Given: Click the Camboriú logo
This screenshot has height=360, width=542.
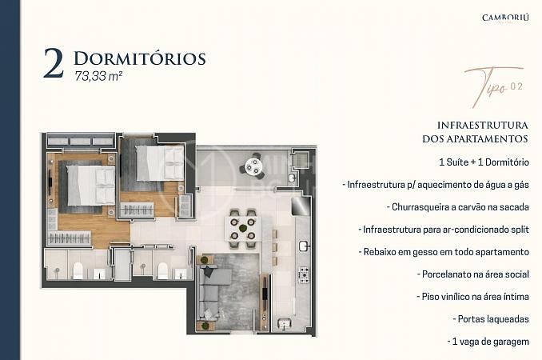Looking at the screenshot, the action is click(505, 18).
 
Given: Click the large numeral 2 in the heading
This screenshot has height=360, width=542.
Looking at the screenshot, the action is click(54, 63).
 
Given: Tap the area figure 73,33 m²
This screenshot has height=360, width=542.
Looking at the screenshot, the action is click(98, 76).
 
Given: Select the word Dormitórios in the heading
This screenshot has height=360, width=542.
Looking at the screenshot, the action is click(140, 58).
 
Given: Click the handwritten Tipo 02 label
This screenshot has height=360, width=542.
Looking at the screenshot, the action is click(493, 87).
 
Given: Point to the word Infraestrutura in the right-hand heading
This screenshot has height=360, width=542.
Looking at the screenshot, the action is click(483, 125).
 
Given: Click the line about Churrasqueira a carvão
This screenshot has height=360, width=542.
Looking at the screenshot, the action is click(457, 207).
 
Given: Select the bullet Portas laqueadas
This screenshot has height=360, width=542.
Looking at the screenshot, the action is click(491, 319).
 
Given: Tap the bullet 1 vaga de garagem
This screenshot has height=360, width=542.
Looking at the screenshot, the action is click(488, 342).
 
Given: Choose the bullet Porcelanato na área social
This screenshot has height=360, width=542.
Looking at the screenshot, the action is click(473, 274).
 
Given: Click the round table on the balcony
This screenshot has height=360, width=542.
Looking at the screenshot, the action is click(253, 166).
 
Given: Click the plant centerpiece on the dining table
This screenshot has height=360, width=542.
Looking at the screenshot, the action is click(243, 228).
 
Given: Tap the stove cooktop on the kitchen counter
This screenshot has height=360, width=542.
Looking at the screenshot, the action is click(304, 275).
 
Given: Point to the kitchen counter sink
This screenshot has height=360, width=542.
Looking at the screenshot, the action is click(304, 246).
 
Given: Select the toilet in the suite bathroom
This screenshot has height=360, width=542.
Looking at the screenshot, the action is click(78, 270).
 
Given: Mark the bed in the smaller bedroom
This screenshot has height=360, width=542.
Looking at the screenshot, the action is click(159, 163).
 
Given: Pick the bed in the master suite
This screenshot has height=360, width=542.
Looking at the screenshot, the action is click(91, 185).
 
